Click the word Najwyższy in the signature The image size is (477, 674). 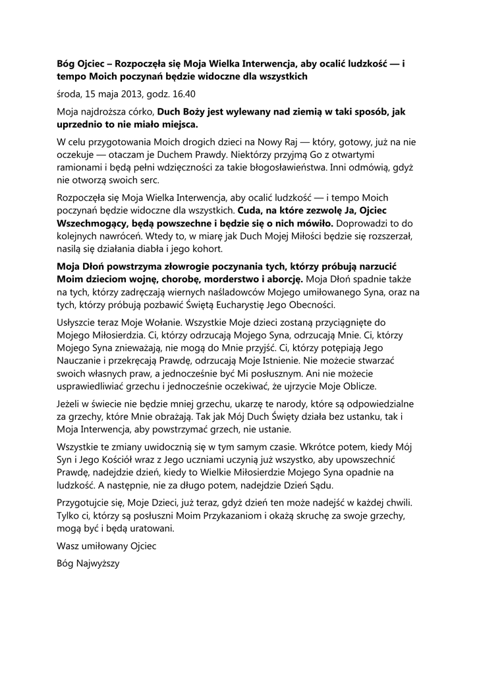pos(98,564)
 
